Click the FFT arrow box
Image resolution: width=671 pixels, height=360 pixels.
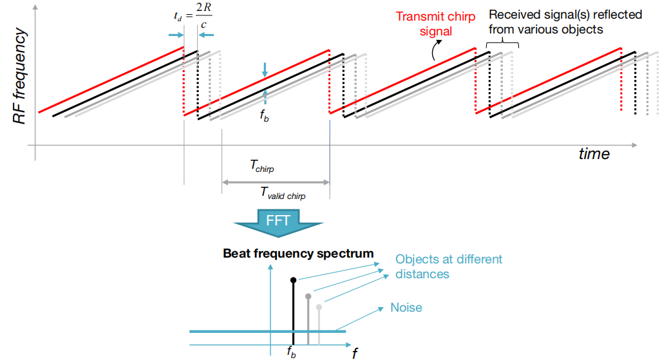pos(277,221)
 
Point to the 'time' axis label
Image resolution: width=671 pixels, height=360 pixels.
pos(593,154)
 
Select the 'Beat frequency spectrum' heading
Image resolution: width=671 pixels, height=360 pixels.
pos(298,253)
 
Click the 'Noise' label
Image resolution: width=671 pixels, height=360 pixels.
pos(406,307)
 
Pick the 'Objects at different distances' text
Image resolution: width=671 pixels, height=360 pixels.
pos(448,266)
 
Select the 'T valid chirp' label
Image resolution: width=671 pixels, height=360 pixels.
pos(283,191)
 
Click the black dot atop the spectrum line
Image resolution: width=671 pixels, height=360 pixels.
pos(294,280)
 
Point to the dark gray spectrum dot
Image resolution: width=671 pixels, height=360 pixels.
pos(308,296)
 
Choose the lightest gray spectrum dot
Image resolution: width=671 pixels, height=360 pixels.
pos(319,307)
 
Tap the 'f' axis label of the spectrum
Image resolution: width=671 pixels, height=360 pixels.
pos(355,352)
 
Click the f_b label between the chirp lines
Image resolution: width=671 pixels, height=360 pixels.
pos(264,117)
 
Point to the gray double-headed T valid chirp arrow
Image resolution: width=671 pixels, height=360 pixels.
pos(276,182)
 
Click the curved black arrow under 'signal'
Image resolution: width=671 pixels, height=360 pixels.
pos(437,49)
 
